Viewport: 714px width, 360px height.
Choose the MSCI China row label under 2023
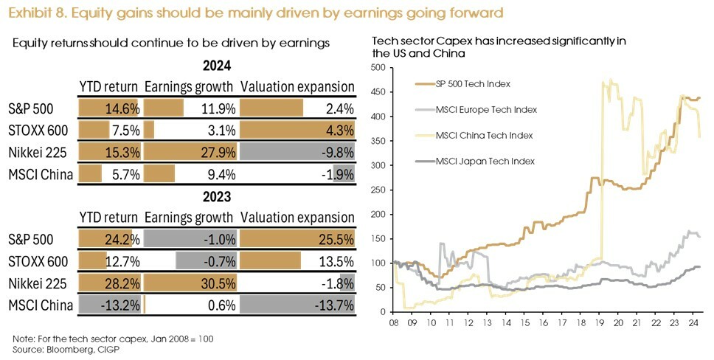coord(41,305)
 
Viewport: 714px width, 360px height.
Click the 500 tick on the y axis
coord(381,68)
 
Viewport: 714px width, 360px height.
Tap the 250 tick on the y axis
coord(381,190)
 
